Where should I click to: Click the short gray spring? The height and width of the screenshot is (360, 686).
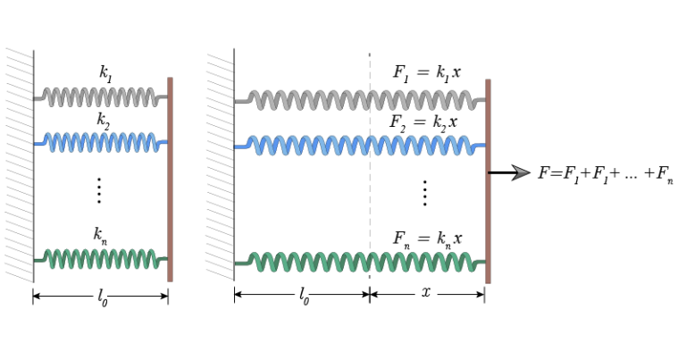(100, 97)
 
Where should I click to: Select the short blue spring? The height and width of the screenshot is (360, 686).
(100, 142)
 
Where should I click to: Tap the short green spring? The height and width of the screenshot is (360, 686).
(100, 260)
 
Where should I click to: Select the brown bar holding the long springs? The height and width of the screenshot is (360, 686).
(488, 214)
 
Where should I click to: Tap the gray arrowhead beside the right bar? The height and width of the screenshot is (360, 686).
(521, 172)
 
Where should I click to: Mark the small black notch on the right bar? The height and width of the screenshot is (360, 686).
(489, 172)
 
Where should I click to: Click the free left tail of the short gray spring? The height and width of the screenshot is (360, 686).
(38, 97)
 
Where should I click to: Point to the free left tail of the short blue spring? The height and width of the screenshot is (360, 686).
(38, 143)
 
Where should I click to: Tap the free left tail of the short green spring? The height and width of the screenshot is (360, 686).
(38, 260)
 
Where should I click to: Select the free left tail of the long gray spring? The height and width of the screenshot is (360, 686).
(239, 101)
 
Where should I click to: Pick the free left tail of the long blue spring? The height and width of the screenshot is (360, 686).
(239, 147)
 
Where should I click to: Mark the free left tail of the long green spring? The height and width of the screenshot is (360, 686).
(239, 264)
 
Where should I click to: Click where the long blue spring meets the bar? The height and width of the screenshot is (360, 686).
(483, 146)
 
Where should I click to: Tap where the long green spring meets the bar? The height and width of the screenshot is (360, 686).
(483, 262)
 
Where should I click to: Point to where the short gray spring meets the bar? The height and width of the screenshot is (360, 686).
(165, 97)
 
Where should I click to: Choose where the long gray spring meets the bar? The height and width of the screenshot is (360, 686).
(483, 100)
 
